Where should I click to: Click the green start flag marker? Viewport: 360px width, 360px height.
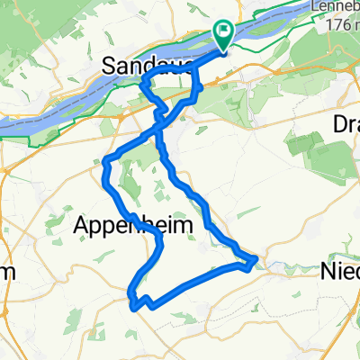(222, 34)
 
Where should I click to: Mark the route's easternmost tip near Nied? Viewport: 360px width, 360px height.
(257, 260)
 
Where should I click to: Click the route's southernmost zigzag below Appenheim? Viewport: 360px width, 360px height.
(137, 304)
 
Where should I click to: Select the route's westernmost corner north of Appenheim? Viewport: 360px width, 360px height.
(106, 163)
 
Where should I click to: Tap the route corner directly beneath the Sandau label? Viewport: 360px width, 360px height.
(144, 83)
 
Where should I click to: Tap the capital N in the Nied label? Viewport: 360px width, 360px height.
(326, 270)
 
